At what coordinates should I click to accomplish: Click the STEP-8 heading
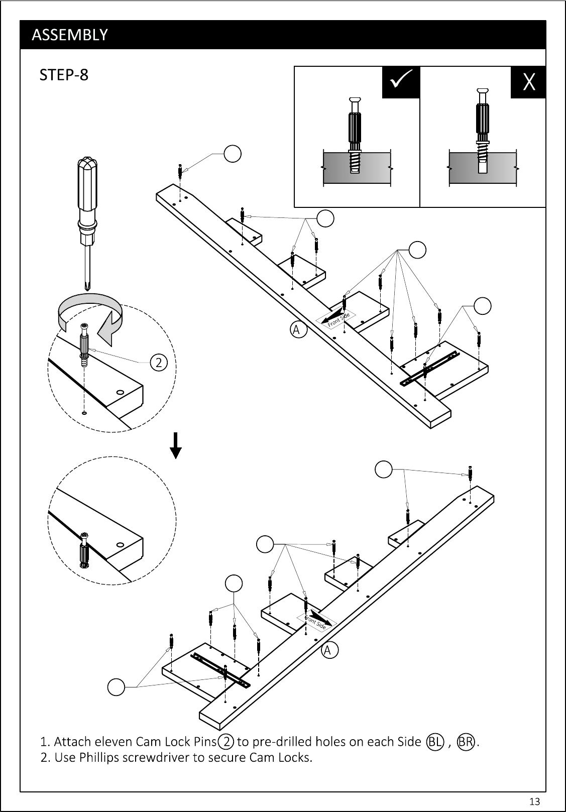64,75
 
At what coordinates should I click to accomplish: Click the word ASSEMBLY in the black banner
70,35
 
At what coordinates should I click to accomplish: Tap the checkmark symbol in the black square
401,79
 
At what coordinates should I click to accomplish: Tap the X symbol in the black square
529,81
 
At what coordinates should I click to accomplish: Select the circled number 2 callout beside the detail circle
159,363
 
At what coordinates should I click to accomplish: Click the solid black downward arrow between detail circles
176,445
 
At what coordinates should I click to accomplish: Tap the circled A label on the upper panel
298,330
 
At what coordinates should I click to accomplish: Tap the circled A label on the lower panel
329,650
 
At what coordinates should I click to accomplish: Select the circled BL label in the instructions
435,742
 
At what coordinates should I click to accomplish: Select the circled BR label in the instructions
466,742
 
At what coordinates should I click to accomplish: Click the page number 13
534,801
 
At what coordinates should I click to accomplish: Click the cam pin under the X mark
483,131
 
